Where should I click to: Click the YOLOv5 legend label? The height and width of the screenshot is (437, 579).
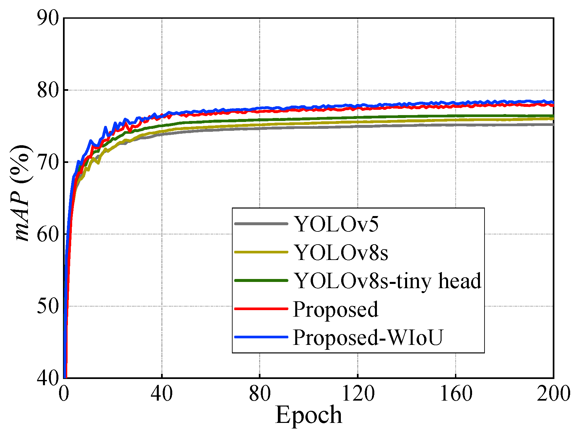[x=336, y=224]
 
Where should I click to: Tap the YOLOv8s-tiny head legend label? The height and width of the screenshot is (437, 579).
[x=387, y=281]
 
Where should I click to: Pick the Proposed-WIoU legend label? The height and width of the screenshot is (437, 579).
[x=368, y=337]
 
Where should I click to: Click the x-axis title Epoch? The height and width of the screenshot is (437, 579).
[x=308, y=415]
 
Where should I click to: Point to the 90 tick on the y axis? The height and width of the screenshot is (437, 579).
[x=48, y=18]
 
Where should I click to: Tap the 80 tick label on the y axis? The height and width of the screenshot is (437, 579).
[x=48, y=90]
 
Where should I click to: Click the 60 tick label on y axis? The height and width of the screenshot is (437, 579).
[x=48, y=234]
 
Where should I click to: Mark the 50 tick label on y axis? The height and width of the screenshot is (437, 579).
[x=48, y=306]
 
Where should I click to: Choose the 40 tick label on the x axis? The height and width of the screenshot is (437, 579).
[x=161, y=393]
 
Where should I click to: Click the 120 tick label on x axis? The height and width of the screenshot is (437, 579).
[x=358, y=393]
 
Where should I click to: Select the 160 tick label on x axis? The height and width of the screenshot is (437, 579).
[x=456, y=393]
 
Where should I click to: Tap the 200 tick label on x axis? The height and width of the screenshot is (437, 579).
[x=553, y=393]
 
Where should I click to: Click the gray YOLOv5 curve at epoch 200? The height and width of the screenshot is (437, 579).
[x=552, y=125]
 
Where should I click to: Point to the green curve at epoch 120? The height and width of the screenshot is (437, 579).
[x=358, y=117]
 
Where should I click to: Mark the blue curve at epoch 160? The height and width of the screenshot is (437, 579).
[x=456, y=103]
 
